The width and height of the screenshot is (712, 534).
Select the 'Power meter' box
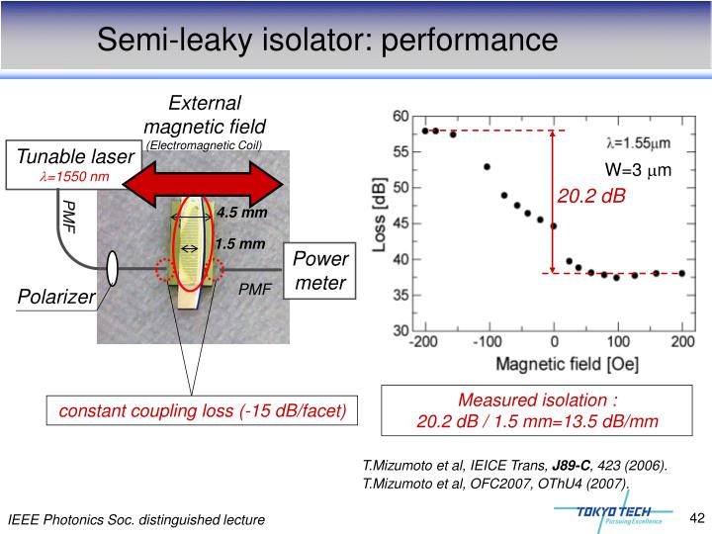319,271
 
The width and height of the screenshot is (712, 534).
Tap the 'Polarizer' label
54,297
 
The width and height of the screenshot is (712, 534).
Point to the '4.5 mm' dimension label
242,213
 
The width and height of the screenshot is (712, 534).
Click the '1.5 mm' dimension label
240,243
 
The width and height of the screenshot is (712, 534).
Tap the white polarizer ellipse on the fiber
113,266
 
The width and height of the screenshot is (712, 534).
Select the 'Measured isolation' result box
538,411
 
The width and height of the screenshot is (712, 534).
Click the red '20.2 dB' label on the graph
591,196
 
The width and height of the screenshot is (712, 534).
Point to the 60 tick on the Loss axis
400,117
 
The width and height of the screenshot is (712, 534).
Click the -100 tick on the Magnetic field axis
486,342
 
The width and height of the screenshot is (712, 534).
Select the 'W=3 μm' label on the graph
638,170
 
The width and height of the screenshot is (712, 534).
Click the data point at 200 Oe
682,273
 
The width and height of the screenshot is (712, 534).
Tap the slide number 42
694,517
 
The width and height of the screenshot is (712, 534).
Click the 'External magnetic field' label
205,115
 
